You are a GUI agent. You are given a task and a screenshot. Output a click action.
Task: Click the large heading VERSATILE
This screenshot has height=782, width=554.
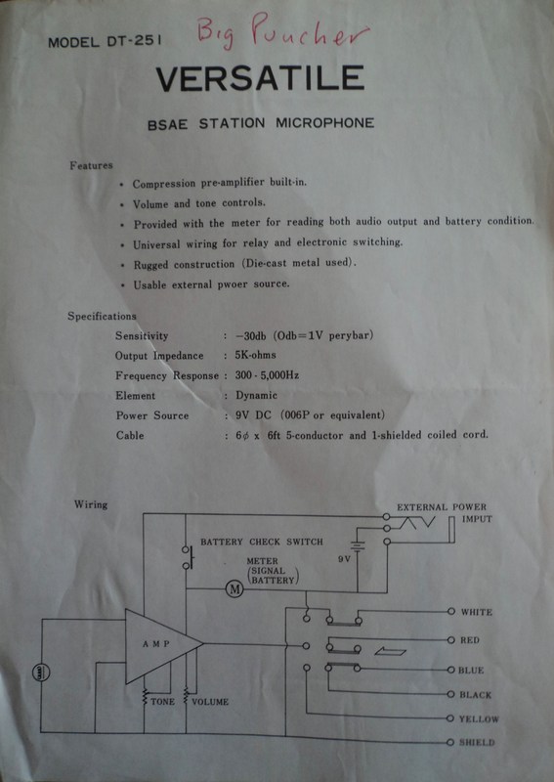point(260,78)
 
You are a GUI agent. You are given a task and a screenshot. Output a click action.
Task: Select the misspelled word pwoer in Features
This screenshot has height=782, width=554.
point(233,284)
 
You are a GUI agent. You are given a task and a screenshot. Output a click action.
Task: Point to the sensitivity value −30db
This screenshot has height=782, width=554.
point(251,335)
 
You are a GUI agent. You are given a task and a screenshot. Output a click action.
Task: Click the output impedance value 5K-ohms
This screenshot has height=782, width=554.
point(255,355)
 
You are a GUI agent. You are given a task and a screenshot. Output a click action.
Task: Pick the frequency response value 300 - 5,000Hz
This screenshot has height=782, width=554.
point(267,375)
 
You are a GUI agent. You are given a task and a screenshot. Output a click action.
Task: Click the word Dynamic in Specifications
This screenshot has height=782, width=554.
point(256,396)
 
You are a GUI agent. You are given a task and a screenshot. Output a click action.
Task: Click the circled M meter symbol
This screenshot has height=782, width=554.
point(234,589)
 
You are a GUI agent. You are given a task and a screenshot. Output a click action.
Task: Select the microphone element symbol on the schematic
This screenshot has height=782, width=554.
point(41,673)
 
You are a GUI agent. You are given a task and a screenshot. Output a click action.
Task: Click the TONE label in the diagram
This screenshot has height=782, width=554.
point(162,702)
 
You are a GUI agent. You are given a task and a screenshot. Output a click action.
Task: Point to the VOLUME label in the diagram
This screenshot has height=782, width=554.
point(210,702)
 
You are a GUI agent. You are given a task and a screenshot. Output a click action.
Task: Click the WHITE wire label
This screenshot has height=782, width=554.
point(476,612)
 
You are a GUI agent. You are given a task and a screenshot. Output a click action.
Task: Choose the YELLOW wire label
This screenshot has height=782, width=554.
point(479,718)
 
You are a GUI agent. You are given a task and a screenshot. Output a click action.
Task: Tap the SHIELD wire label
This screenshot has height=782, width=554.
point(477,742)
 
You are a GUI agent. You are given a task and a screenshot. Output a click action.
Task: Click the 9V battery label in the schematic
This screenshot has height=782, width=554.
point(344,559)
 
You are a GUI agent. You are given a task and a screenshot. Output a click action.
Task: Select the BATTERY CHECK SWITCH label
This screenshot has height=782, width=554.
point(262,542)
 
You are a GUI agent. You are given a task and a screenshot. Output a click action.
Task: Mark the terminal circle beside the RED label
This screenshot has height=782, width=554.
point(450,640)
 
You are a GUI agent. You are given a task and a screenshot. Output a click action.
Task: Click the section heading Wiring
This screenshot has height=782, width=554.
point(91,504)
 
